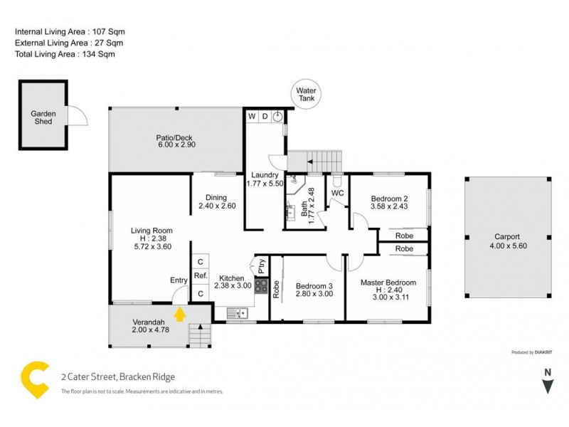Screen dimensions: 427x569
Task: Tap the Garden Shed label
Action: point(43,117)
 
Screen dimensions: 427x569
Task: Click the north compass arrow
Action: point(547,386)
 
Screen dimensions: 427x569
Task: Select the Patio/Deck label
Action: point(174,138)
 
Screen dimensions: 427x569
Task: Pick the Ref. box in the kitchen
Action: point(200,276)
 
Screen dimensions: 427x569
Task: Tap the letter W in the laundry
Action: point(252,115)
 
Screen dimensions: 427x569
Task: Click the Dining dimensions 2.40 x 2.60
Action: point(217,206)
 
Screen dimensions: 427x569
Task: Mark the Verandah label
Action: point(149,321)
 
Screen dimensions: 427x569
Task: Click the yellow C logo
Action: point(35,379)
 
